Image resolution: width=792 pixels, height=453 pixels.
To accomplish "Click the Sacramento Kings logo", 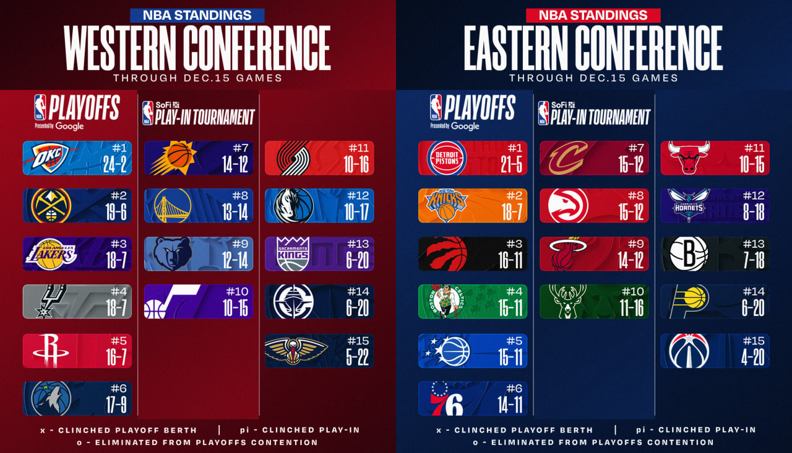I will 293,254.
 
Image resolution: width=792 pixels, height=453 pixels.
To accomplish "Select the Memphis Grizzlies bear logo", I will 172,254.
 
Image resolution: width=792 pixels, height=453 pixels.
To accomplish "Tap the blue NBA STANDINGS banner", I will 197,15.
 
